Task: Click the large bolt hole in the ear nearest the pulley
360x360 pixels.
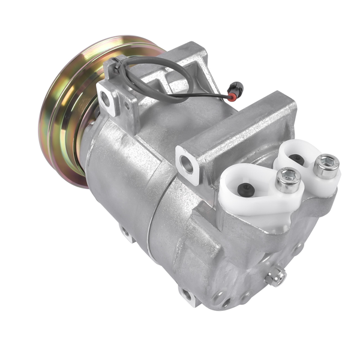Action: click(x=107, y=100)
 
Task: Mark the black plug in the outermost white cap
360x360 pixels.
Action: click(x=296, y=160)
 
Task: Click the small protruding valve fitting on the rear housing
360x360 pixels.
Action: click(x=277, y=275)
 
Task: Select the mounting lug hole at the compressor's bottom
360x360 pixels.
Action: click(x=187, y=295)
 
